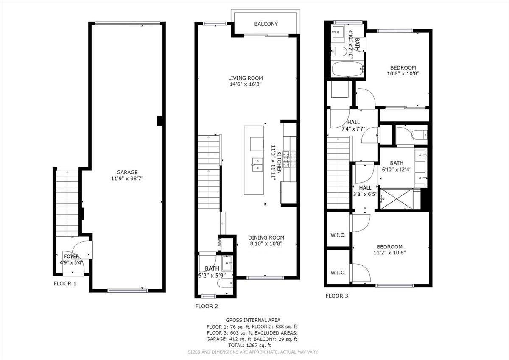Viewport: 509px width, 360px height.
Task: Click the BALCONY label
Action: pos(266,24)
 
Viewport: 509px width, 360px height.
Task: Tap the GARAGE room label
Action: pos(127,172)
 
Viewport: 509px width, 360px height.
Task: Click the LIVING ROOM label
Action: pos(245,78)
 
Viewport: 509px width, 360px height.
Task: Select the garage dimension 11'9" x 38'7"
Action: pos(127,179)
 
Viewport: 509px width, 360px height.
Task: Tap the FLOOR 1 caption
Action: pos(64,283)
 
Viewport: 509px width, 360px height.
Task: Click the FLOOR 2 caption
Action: pos(207,306)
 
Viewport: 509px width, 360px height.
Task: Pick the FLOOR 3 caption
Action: pos(337,296)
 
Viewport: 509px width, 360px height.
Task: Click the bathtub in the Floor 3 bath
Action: pos(347,70)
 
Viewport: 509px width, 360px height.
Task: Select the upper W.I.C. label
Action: pos(338,235)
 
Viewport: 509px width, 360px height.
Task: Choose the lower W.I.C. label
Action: pos(338,273)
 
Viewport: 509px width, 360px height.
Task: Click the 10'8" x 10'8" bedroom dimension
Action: pos(403,73)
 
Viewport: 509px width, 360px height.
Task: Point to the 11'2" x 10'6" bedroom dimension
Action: pos(390,253)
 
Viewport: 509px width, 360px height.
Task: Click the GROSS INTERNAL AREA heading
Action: pos(252,320)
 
